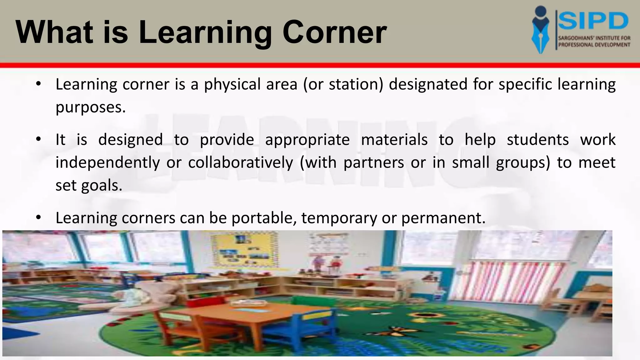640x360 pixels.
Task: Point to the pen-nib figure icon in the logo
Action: [x=543, y=30]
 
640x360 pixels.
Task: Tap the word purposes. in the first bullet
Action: [x=91, y=108]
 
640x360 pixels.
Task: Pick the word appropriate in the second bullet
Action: [x=307, y=140]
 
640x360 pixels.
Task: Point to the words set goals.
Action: [x=89, y=186]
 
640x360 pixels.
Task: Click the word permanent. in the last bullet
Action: [x=443, y=218]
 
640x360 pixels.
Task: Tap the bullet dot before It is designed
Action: [x=38, y=139]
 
